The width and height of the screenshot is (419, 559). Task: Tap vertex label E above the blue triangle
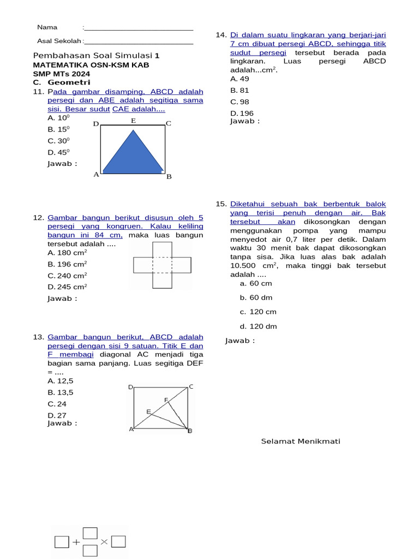click(x=133, y=121)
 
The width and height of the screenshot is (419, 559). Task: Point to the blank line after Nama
click(x=139, y=28)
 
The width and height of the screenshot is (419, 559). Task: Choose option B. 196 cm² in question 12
click(x=67, y=264)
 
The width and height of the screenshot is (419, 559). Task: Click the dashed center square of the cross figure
click(x=163, y=265)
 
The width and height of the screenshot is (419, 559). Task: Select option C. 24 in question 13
click(x=57, y=404)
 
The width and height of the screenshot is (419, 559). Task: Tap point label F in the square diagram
click(x=166, y=400)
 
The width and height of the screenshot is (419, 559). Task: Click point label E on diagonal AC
click(x=148, y=412)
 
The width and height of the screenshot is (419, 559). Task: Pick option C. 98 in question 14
click(x=240, y=102)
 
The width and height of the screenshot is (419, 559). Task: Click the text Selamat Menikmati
click(x=301, y=441)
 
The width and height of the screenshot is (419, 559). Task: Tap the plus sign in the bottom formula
click(x=76, y=542)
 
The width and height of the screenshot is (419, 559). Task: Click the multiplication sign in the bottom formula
click(x=105, y=542)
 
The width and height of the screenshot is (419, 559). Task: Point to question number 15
click(x=220, y=204)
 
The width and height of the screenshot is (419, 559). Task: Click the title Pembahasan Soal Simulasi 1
click(x=97, y=56)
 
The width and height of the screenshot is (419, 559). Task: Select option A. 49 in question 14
click(x=240, y=79)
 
